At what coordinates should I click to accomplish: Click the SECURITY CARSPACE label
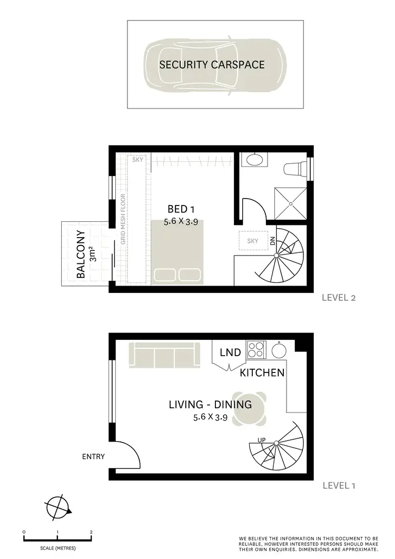[x=212, y=65]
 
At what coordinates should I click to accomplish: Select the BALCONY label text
[x=81, y=254]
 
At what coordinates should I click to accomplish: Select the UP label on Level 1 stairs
[x=261, y=439]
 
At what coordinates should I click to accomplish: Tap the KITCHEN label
[x=262, y=373]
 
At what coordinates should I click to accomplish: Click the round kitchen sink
[x=278, y=349]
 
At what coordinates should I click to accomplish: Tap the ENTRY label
[x=93, y=457]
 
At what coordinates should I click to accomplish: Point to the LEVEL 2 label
[x=339, y=298]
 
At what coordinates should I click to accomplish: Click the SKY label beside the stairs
[x=253, y=241]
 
